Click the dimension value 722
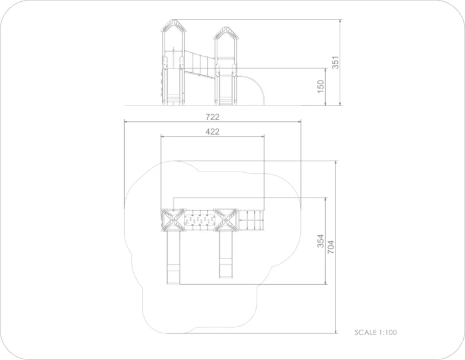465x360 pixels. [213, 117]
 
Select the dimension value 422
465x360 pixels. [213, 132]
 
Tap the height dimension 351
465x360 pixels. [335, 62]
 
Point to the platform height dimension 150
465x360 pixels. [321, 87]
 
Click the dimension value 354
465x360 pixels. [321, 241]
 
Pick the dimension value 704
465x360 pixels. [331, 247]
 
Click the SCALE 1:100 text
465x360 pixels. [376, 332]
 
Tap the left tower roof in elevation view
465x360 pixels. [174, 26]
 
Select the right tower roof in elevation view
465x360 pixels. [226, 33]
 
